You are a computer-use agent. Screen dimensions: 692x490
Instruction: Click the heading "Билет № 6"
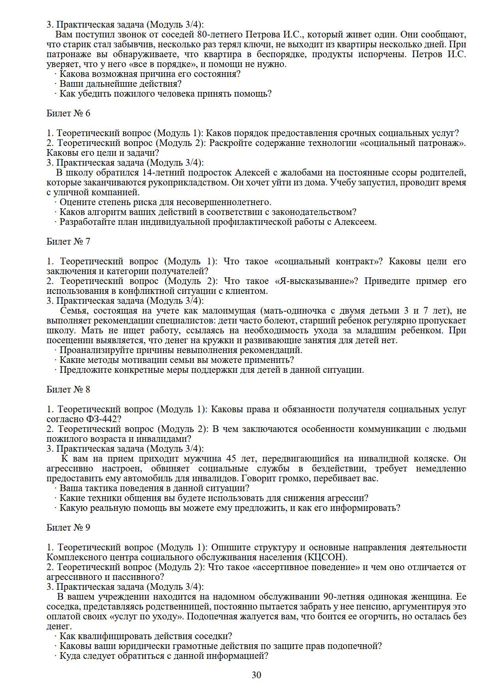pos(68,114)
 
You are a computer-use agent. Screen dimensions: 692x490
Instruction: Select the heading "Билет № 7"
pos(68,241)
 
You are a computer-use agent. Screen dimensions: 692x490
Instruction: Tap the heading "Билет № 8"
pos(68,389)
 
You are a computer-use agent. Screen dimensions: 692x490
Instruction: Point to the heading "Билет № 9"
pos(68,527)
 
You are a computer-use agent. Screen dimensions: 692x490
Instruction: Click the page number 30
pos(256,675)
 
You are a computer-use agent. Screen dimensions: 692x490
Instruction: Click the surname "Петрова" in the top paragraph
pos(263,34)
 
